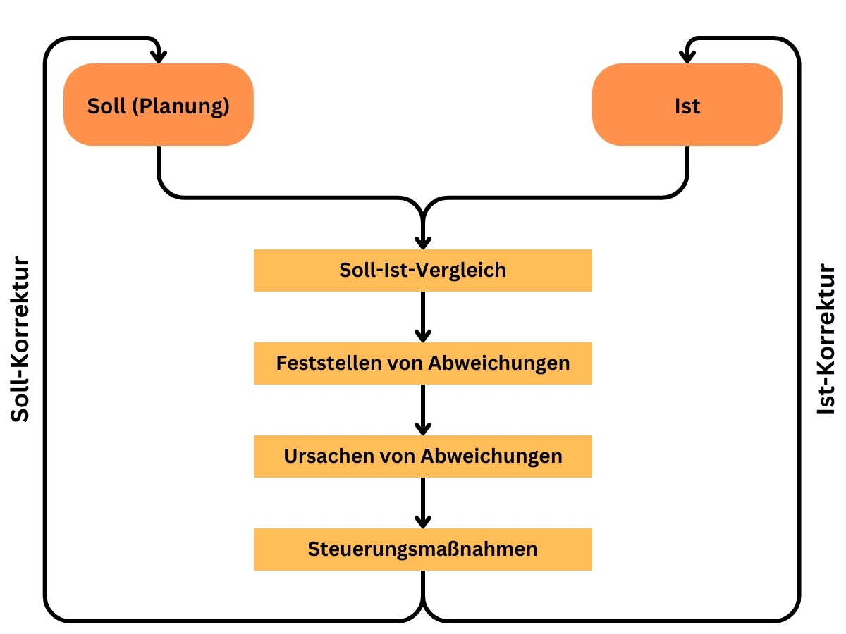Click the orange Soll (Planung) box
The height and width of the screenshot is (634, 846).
pyautogui.click(x=158, y=104)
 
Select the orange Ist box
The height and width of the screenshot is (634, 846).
pyautogui.click(x=687, y=104)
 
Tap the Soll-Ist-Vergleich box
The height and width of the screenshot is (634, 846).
pyautogui.click(x=422, y=271)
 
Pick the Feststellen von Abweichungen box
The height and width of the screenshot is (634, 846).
pyautogui.click(x=422, y=363)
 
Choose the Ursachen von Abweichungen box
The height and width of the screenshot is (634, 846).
pyautogui.click(x=422, y=456)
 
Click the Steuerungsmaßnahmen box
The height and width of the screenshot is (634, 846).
pyautogui.click(x=422, y=549)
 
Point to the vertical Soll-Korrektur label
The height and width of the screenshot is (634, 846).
pyautogui.click(x=20, y=339)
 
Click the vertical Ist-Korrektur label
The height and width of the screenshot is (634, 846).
pyautogui.click(x=825, y=339)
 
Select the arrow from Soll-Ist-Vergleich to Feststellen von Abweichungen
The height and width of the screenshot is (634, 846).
pyautogui.click(x=423, y=317)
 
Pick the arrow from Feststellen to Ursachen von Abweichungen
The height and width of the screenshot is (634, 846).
pyautogui.click(x=423, y=410)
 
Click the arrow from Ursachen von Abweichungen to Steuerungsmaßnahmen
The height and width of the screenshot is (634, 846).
pyautogui.click(x=423, y=503)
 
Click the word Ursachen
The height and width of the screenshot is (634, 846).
pyautogui.click(x=329, y=456)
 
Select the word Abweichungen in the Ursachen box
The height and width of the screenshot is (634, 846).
pyautogui.click(x=491, y=457)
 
